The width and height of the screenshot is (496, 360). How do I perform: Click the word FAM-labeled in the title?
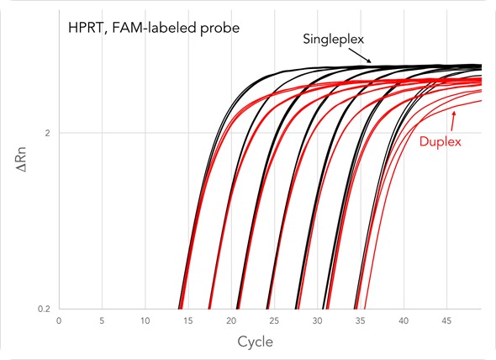pos(152,29)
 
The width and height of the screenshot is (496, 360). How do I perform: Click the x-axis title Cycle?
pos(255,342)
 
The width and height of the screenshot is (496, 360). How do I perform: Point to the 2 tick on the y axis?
pos(48,134)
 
